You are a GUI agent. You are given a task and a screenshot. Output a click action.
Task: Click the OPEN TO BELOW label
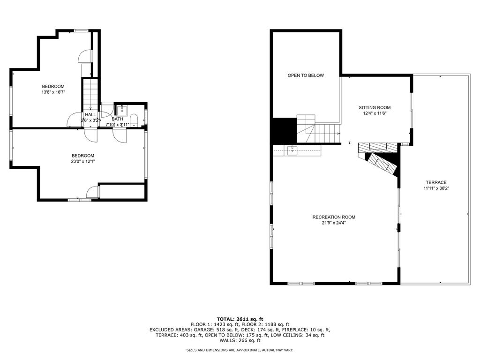point(306,75)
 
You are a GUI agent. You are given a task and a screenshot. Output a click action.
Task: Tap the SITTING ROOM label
point(375,107)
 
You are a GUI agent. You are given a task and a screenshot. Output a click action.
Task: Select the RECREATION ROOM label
point(334,217)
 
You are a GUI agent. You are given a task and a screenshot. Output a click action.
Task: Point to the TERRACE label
point(436,182)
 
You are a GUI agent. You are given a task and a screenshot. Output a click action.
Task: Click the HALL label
point(90,114)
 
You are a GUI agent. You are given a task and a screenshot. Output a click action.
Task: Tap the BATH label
point(117,119)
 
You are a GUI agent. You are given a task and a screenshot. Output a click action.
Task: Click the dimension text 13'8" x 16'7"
point(53,92)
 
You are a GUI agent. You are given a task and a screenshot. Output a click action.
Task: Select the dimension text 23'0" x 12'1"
point(82,161)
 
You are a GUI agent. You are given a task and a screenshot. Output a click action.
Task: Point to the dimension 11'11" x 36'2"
point(436,188)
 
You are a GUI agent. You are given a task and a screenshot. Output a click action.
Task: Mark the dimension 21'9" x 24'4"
point(334,223)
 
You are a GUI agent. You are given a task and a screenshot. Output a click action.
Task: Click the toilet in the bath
point(134,120)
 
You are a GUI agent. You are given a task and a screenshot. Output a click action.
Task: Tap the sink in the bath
point(122,110)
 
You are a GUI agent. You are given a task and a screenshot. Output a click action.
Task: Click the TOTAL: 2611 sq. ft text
point(240,319)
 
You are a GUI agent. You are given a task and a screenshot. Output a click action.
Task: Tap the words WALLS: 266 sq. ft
point(240,340)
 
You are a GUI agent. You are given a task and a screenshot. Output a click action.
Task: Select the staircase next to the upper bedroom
point(90,94)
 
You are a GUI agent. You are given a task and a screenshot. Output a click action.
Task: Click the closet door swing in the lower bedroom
point(93,192)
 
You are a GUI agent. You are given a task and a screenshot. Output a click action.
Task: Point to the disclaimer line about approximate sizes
point(240,350)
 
